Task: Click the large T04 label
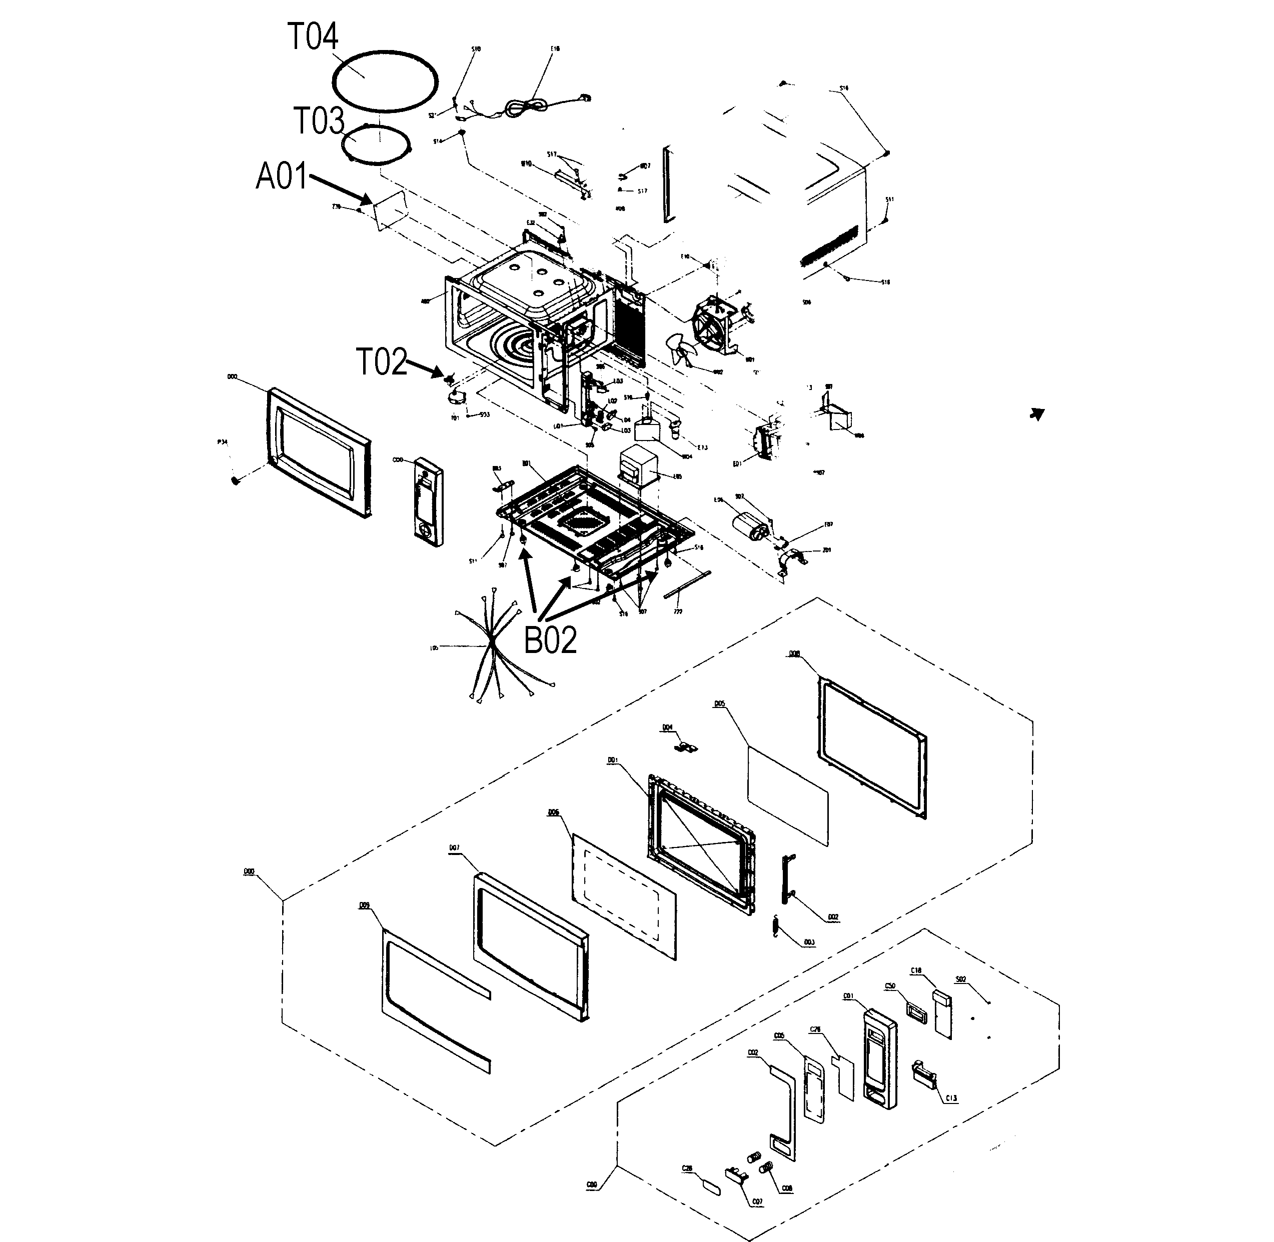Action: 313,36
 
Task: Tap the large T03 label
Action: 319,121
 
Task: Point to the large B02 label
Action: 550,640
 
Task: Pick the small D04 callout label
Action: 667,726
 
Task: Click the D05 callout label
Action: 720,704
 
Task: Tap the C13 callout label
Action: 951,1098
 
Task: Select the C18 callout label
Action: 916,970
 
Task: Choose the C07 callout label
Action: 757,1201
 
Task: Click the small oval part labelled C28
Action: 711,1186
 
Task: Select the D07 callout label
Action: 454,848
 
